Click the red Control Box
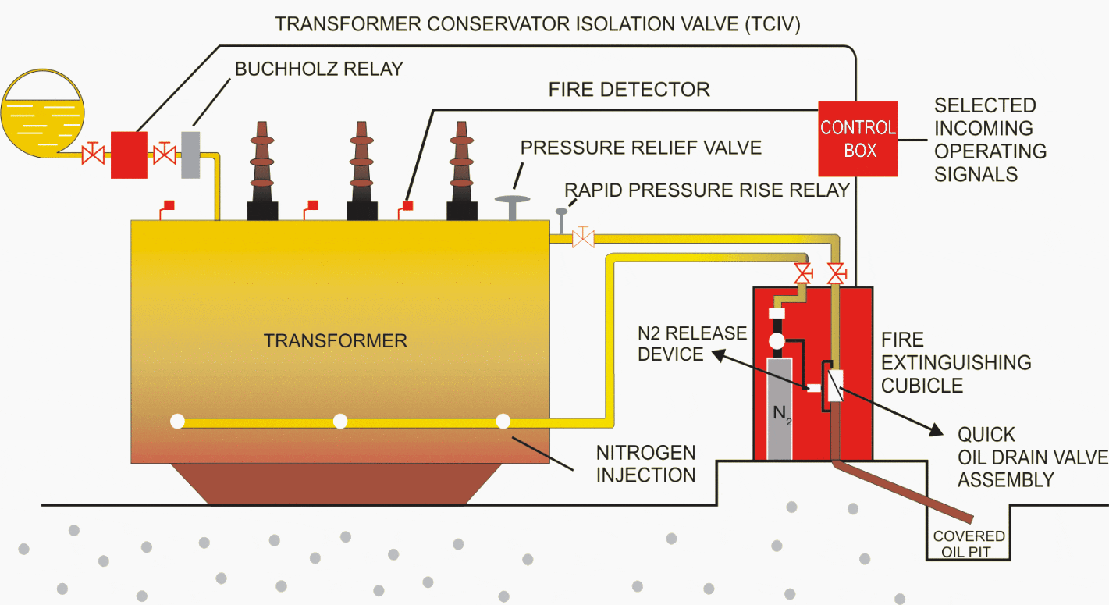click(857, 138)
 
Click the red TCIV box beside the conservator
click(129, 155)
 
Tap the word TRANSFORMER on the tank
click(336, 341)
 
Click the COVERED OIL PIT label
click(969, 543)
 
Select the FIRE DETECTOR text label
click(629, 89)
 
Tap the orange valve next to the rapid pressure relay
click(583, 237)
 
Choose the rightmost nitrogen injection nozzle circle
click(503, 422)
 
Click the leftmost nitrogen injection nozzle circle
click(177, 422)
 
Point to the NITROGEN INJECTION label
click(646, 464)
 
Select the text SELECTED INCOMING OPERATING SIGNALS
click(990, 139)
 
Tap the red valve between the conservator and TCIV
click(93, 155)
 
